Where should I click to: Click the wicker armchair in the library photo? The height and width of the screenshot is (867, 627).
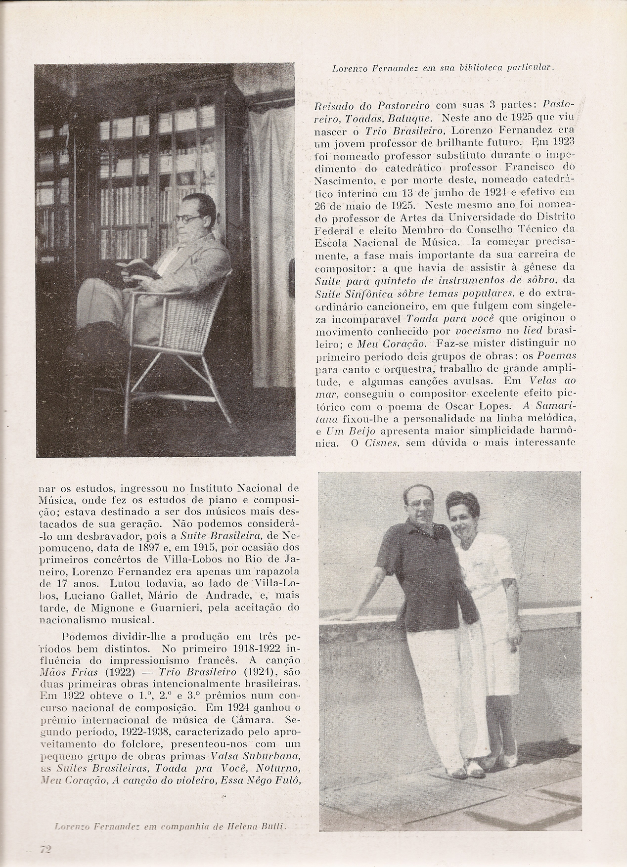(x=193, y=336)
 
